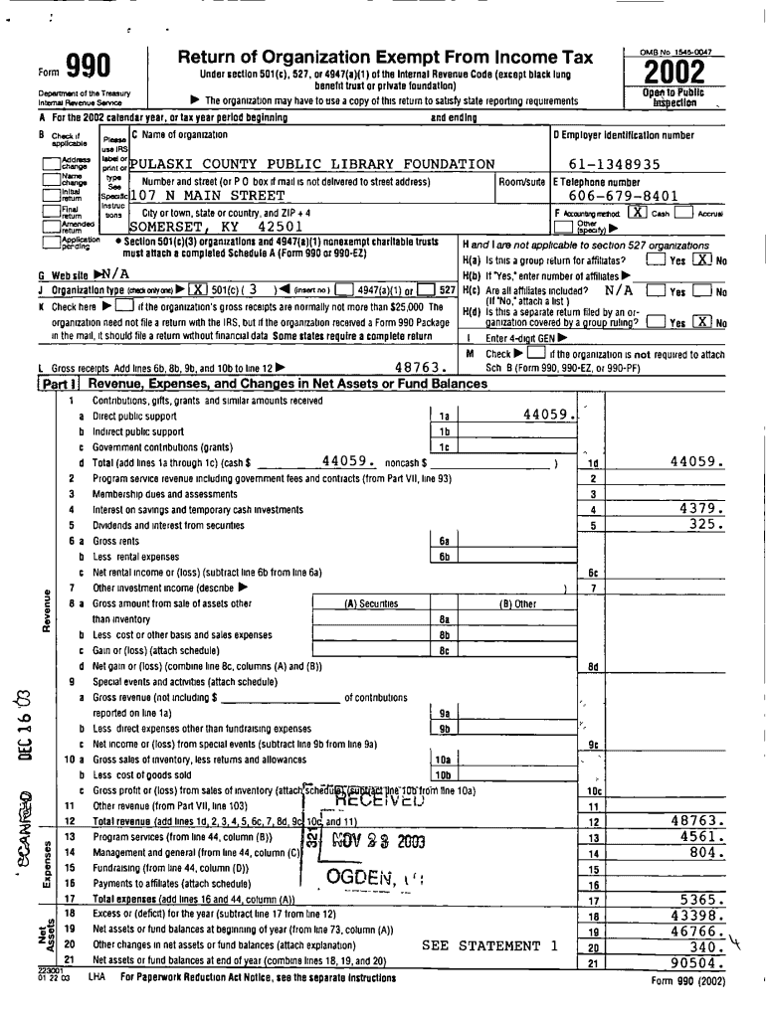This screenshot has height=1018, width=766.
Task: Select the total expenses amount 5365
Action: coord(701,899)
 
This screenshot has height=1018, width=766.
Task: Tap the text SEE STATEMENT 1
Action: coord(488,945)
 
